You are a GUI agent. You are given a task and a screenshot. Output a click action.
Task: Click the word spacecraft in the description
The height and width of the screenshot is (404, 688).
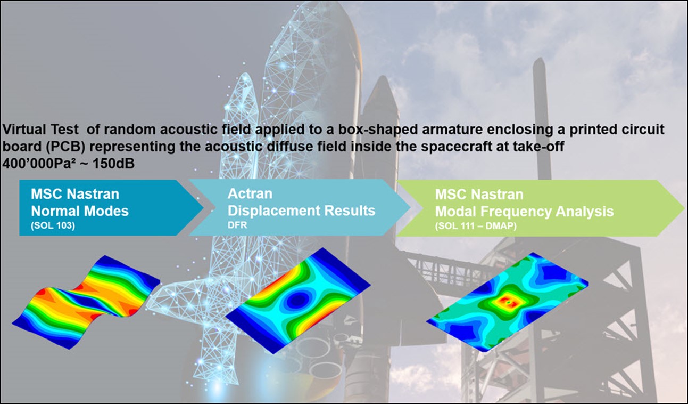436,147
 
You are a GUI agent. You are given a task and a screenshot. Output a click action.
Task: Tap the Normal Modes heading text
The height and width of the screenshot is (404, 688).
80,211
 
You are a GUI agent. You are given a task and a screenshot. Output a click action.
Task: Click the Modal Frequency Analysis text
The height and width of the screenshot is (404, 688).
524,212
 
